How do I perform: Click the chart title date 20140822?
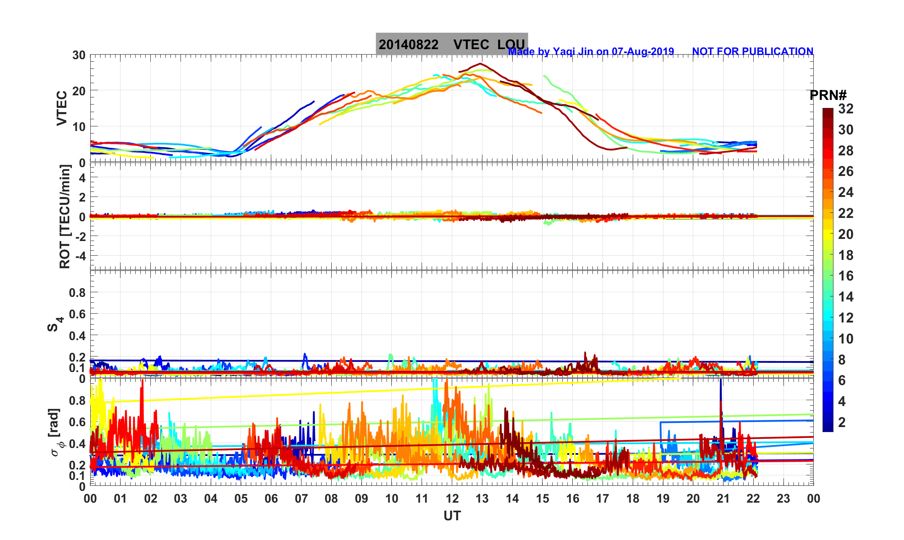(x=408, y=45)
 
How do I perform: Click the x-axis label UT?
(x=452, y=516)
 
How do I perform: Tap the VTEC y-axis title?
(x=62, y=108)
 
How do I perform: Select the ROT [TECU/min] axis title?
(x=65, y=217)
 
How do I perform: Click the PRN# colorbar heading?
(x=828, y=95)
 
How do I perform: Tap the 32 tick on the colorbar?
(x=846, y=109)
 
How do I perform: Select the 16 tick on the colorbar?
(x=846, y=276)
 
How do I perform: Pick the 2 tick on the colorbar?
(x=842, y=422)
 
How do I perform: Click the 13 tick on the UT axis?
(x=482, y=498)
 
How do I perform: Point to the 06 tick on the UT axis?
(x=271, y=498)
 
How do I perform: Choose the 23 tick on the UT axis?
(x=783, y=498)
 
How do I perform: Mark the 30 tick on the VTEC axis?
(x=79, y=55)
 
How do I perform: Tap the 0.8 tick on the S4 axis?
(x=77, y=292)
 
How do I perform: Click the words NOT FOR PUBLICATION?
(x=752, y=51)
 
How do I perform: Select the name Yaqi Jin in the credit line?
(x=572, y=51)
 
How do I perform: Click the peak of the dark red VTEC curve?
(x=480, y=63)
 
